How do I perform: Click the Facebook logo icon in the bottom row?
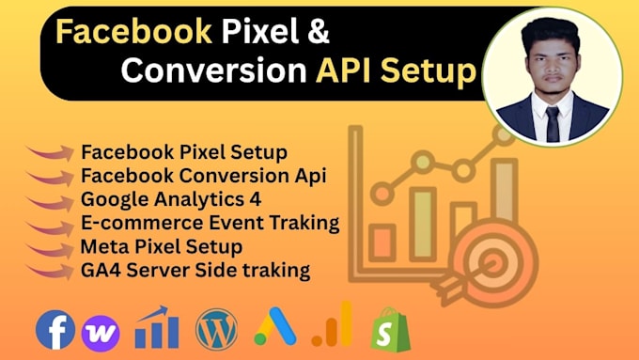coord(55,330)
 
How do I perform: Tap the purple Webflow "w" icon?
coord(100,331)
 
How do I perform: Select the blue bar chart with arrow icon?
coord(156,328)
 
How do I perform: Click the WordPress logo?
coord(217,329)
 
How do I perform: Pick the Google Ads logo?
coord(276,327)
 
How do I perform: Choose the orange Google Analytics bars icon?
coord(333,324)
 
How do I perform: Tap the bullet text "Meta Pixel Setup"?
coord(162,246)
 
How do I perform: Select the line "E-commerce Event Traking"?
coord(210,223)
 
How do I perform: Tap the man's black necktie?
coord(552,122)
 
